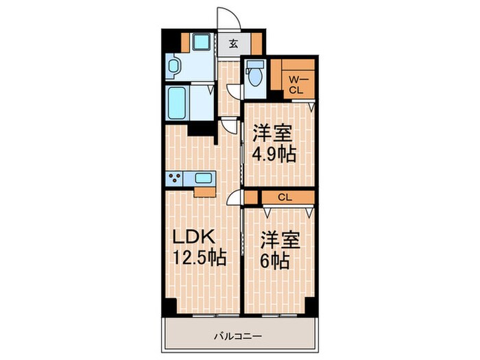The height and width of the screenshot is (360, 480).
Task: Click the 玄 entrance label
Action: [233, 45]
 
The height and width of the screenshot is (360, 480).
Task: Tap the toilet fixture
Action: [254, 73]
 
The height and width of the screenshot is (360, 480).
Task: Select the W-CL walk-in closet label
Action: [296, 84]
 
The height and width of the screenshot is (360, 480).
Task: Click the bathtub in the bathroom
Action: [177, 102]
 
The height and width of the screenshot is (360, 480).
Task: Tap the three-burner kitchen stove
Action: [174, 180]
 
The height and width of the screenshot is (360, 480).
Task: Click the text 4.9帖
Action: [274, 154]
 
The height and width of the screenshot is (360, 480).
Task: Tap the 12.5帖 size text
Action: [199, 259]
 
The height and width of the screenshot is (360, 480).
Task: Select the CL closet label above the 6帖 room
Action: [285, 197]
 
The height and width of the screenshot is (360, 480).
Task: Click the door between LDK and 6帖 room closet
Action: [235, 198]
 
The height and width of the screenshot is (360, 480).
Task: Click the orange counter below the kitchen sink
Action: [205, 191]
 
